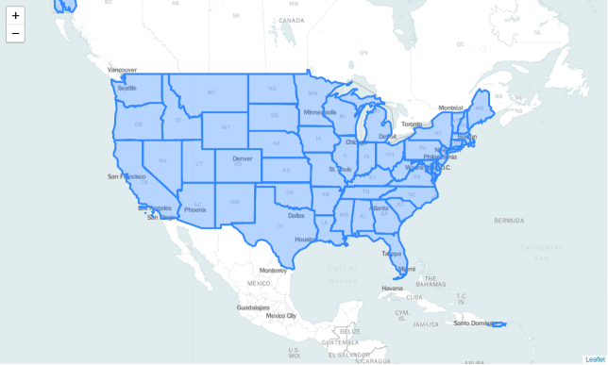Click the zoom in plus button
tap(15, 15)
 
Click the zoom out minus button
tap(15, 34)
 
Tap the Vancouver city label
tap(122, 70)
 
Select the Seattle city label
tap(127, 88)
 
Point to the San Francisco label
tap(127, 176)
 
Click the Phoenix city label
tap(195, 209)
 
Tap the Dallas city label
tap(296, 215)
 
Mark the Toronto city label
tap(412, 124)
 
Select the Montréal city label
tap(451, 108)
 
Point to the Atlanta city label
tap(379, 207)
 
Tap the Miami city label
tap(406, 269)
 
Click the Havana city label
tap(380, 289)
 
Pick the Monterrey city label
tap(273, 270)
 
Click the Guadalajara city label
tap(253, 307)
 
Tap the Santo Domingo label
tap(472, 323)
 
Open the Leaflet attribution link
tap(596, 359)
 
